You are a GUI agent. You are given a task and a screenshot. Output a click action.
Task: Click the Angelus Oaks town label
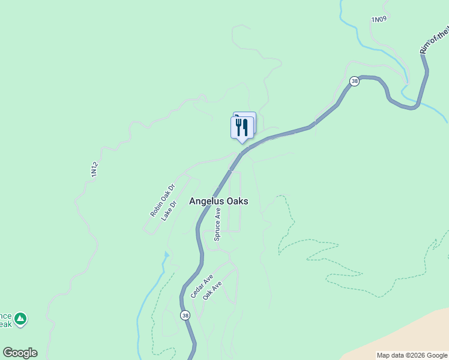tap(218, 202)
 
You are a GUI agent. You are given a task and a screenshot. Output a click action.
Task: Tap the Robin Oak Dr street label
tap(162, 200)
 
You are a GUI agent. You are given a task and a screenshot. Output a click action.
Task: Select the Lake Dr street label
tap(170, 211)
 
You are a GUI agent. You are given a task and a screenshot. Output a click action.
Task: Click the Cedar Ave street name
tap(202, 287)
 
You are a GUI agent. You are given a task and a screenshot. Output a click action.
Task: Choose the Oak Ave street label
tap(212, 291)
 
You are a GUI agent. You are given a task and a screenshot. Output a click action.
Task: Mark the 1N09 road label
tap(379, 20)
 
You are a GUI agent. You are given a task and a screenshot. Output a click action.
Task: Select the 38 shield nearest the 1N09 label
tap(355, 81)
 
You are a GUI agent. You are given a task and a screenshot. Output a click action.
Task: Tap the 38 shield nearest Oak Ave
tap(185, 315)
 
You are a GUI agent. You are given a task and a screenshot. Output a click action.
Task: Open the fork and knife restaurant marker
tap(242, 127)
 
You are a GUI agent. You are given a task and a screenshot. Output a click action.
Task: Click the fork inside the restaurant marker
tap(238, 127)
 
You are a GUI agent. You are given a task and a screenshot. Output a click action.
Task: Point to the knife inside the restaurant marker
tap(246, 127)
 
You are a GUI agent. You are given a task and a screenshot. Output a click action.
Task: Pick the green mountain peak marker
tap(21, 318)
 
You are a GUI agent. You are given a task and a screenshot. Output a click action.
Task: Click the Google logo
tap(20, 353)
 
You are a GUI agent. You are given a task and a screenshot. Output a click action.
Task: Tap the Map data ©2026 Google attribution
tap(412, 355)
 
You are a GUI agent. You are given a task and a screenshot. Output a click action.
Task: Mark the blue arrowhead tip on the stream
tap(166, 255)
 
